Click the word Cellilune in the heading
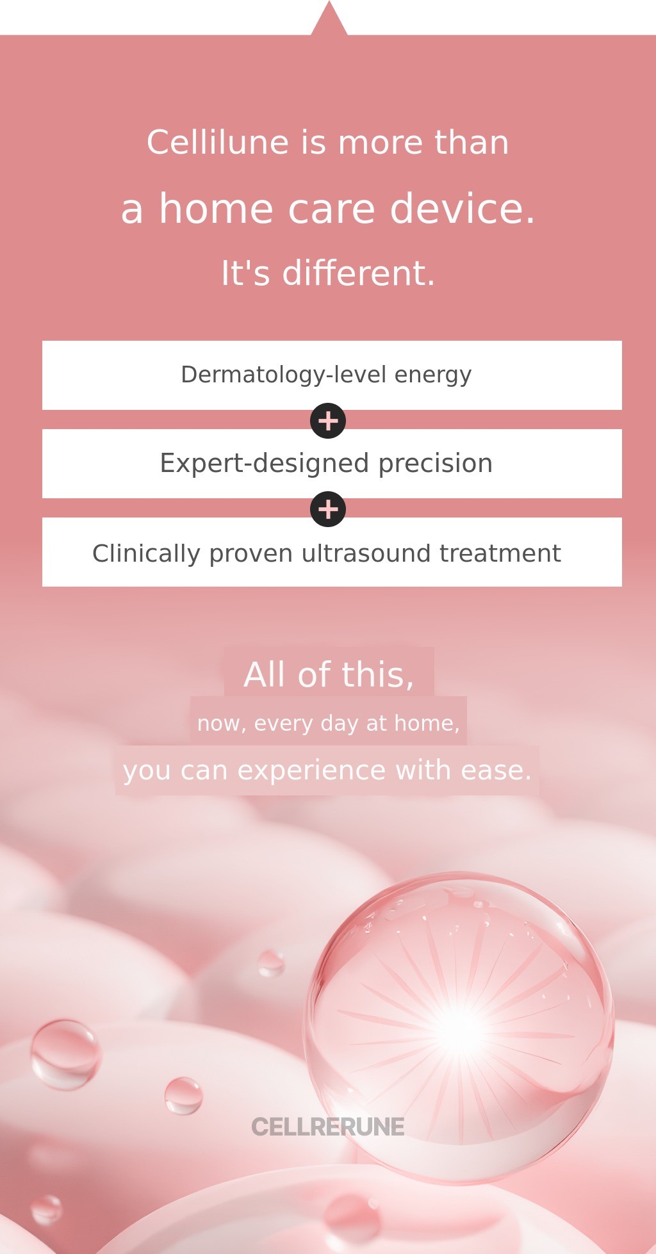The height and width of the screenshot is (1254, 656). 218,142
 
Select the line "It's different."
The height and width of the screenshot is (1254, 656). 328,273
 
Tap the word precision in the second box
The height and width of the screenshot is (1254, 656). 436,463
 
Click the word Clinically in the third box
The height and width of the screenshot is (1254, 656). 146,553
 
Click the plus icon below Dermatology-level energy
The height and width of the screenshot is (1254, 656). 328,421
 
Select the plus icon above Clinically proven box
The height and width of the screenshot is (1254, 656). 328,509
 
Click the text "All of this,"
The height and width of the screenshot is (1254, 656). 329,674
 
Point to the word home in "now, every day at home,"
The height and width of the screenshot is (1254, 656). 427,723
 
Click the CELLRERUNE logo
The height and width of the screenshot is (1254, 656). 328,1127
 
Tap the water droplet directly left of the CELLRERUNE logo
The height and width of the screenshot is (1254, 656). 184,1096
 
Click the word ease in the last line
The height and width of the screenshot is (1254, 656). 496,770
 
